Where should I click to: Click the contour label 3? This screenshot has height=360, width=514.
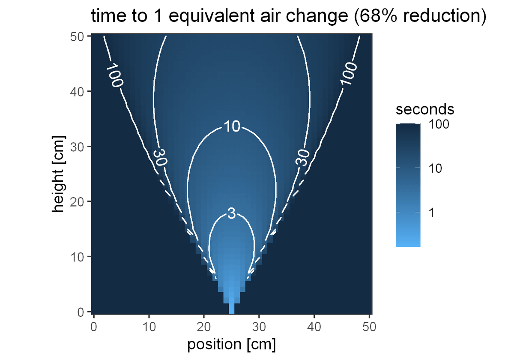point(231,214)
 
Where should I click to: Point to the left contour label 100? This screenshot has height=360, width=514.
point(114,76)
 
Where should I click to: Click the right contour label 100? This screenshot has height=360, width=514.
point(349,74)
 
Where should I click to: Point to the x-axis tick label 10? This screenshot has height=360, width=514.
point(149,328)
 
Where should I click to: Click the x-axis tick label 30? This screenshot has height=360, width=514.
point(259,328)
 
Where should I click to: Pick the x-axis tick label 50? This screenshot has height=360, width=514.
point(369,328)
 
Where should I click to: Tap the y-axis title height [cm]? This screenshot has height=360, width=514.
point(59,174)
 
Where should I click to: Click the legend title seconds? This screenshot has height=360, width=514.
point(425,109)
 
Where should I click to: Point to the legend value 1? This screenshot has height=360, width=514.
point(432,213)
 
